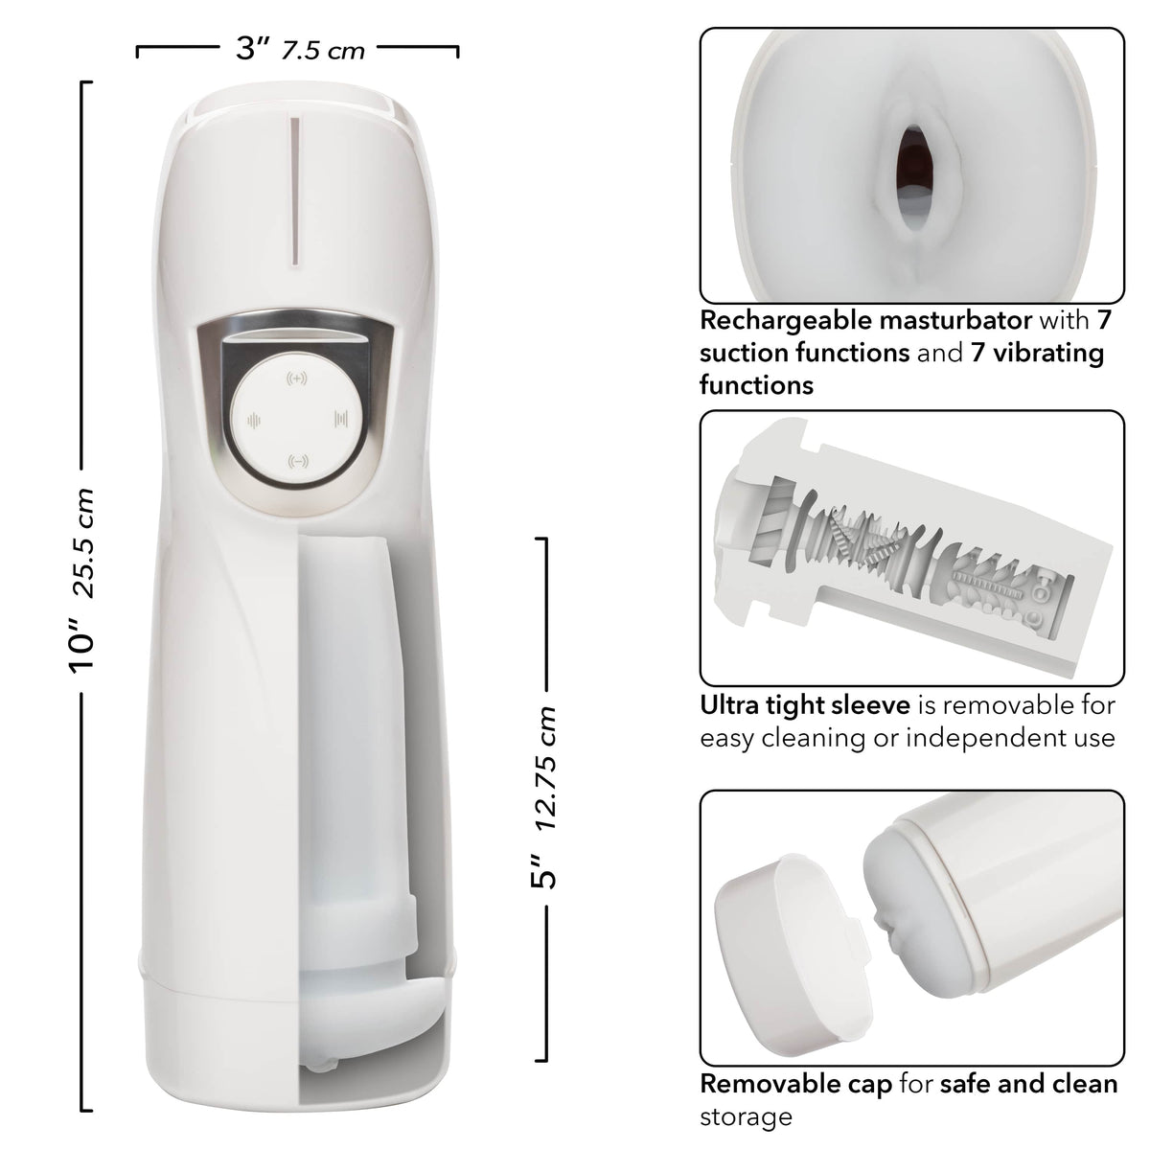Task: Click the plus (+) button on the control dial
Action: [296, 379]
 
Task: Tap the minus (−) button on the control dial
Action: [298, 461]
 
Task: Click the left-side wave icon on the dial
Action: [254, 422]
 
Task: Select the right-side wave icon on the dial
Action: [341, 419]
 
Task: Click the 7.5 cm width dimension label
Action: [323, 52]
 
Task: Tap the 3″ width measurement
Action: [252, 48]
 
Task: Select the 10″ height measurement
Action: [82, 647]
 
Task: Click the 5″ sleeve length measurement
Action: [543, 872]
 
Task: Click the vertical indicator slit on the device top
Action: [294, 191]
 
